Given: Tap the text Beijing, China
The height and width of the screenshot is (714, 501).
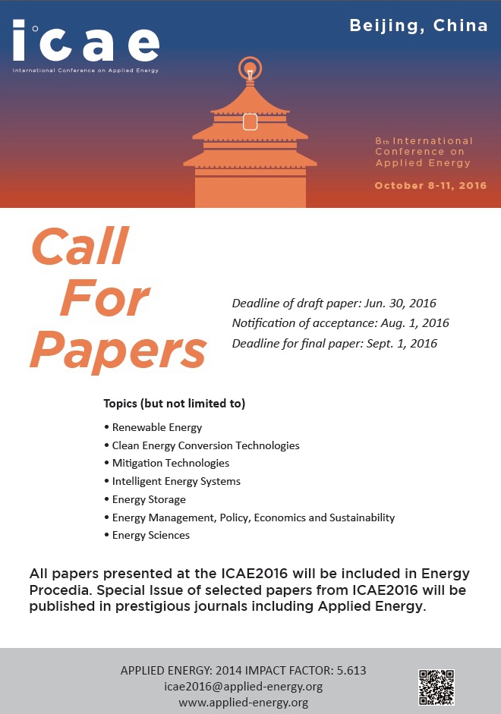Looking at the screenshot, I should (x=418, y=25).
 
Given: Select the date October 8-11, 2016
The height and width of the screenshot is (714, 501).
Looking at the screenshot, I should (x=430, y=185).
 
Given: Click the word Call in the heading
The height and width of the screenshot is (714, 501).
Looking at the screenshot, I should (x=79, y=247).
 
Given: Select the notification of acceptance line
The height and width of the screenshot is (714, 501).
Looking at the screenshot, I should (x=340, y=323).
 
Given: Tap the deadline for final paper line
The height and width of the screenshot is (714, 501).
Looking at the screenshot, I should (x=334, y=343).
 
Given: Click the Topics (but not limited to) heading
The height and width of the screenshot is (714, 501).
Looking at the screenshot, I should (x=175, y=403).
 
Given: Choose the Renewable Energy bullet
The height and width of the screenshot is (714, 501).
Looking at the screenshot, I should (x=156, y=427).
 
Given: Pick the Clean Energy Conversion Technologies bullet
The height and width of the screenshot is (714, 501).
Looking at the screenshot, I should (x=205, y=445).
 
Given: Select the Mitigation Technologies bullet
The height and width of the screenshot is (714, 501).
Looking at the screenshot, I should (x=170, y=463).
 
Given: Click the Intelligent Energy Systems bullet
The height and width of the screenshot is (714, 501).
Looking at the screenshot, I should (x=175, y=481).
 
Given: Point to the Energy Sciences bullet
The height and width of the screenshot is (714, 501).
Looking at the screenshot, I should (x=150, y=535).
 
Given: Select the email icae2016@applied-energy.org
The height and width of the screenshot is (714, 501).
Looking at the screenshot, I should (x=244, y=687).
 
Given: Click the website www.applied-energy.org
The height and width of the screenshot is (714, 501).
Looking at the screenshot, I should (x=244, y=703).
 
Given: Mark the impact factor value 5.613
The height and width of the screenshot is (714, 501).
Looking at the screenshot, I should (x=350, y=671).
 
